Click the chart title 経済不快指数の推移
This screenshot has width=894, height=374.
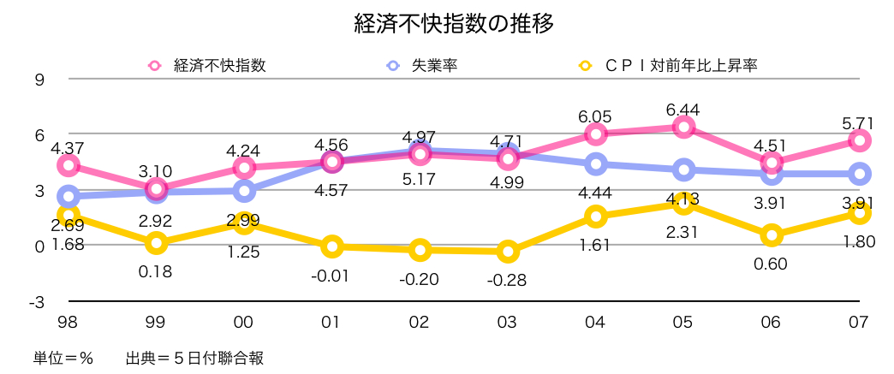pyautogui.click(x=454, y=23)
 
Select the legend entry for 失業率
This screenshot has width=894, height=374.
pyautogui.click(x=421, y=64)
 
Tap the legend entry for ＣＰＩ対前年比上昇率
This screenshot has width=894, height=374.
pyautogui.click(x=669, y=64)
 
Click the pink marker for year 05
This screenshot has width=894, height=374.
pyautogui.click(x=682, y=127)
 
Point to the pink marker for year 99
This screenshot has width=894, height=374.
pyautogui.click(x=156, y=189)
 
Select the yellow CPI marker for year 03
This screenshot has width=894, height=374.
pyautogui.click(x=508, y=252)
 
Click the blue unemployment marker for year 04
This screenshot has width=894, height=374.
pyautogui.click(x=595, y=164)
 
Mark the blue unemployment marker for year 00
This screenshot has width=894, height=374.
pyautogui.click(x=244, y=191)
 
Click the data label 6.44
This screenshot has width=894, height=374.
pyautogui.click(x=682, y=109)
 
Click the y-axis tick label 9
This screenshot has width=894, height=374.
pyautogui.click(x=39, y=80)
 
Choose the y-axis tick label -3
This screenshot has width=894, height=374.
pyautogui.click(x=36, y=302)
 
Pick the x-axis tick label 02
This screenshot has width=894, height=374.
pyautogui.click(x=419, y=323)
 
